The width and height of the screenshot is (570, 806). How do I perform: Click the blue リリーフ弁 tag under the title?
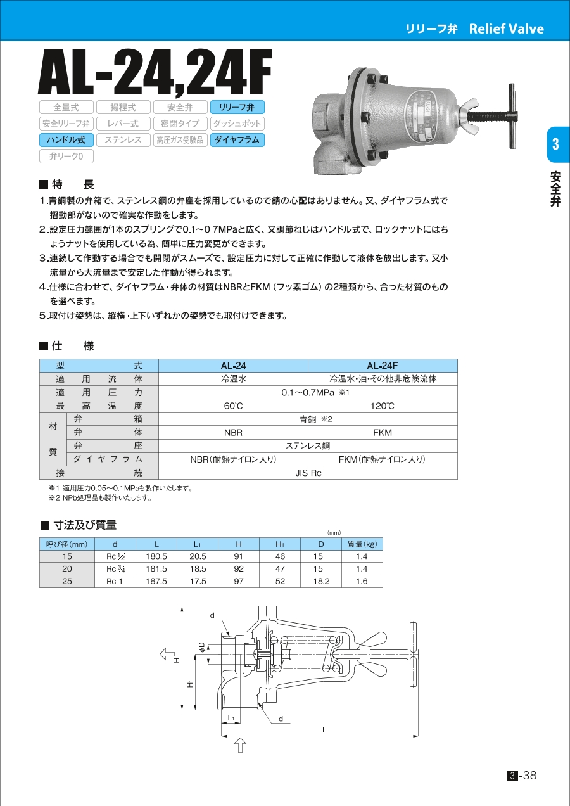click(x=237, y=107)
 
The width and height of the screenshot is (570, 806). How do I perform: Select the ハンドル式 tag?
click(x=66, y=140)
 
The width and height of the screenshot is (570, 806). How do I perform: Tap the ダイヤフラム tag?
click(x=237, y=140)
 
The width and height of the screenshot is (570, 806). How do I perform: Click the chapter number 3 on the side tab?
click(x=555, y=144)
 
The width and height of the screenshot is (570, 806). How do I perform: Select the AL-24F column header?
click(x=383, y=366)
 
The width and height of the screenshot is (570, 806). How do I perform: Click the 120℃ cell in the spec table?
click(x=383, y=406)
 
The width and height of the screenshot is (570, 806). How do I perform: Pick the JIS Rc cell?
click(x=308, y=473)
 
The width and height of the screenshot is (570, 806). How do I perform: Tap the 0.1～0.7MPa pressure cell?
click(x=308, y=392)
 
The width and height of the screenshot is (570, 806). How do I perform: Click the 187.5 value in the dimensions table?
click(x=156, y=581)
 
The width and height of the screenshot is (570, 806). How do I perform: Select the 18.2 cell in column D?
click(x=321, y=581)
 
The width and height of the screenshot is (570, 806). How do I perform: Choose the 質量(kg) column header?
click(x=362, y=544)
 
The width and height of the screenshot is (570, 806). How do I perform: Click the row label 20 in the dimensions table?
click(x=66, y=568)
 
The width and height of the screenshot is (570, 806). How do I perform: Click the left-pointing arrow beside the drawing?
click(x=167, y=653)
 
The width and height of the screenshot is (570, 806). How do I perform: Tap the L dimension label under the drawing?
click(x=324, y=730)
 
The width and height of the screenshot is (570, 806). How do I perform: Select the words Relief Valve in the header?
click(x=506, y=29)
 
